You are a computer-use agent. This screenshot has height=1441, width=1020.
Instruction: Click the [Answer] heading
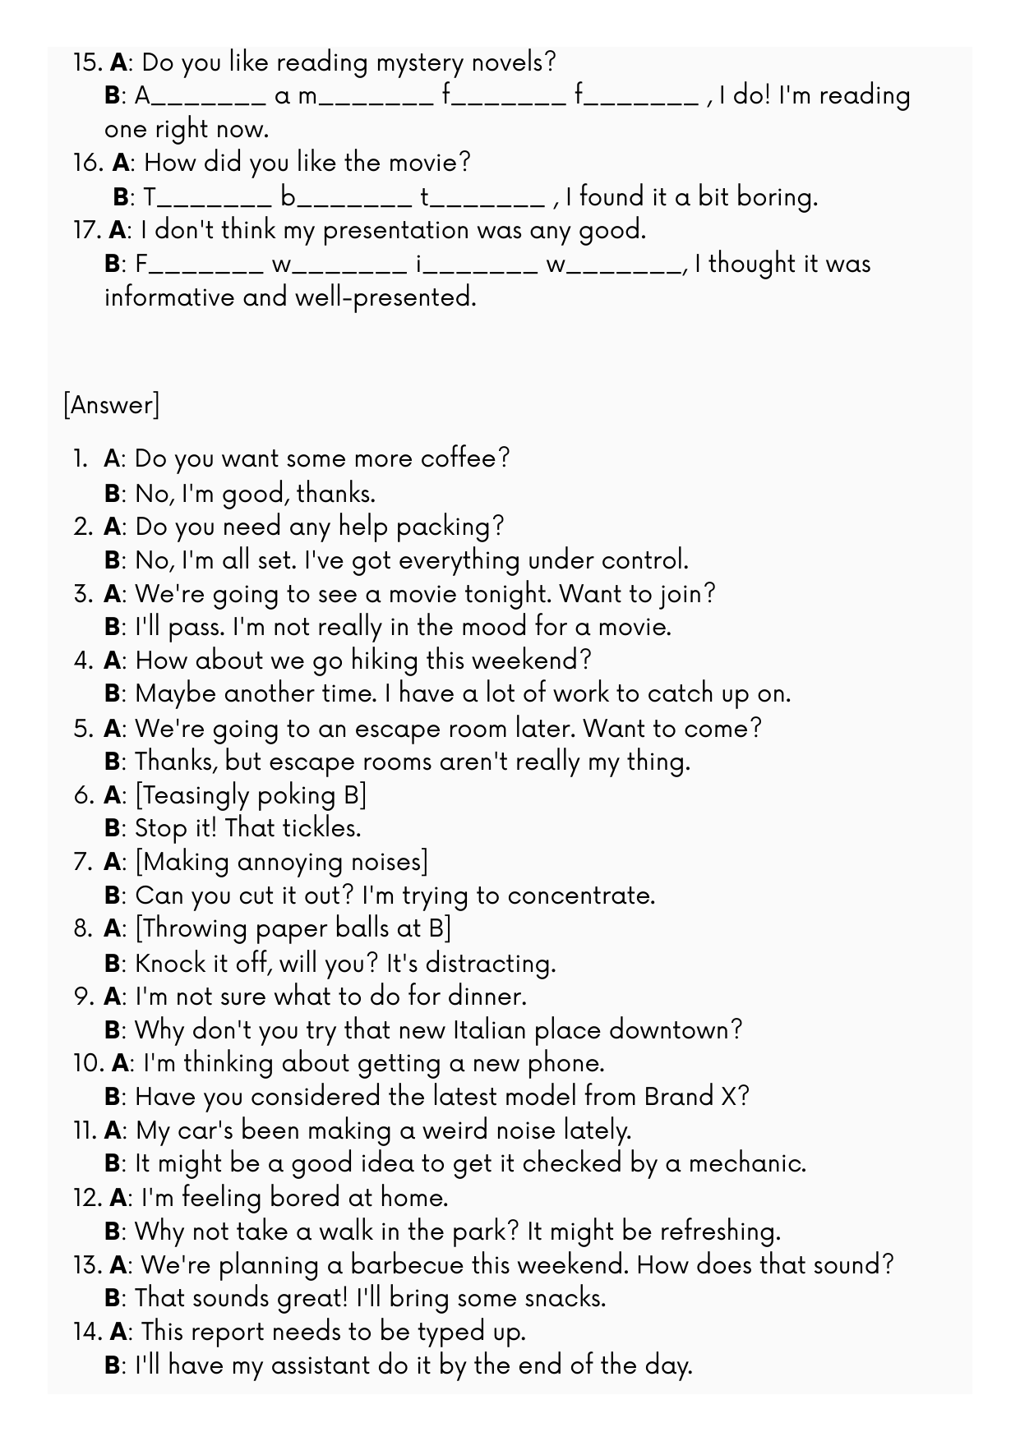point(111,405)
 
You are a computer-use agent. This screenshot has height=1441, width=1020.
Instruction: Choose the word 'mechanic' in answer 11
point(745,1164)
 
